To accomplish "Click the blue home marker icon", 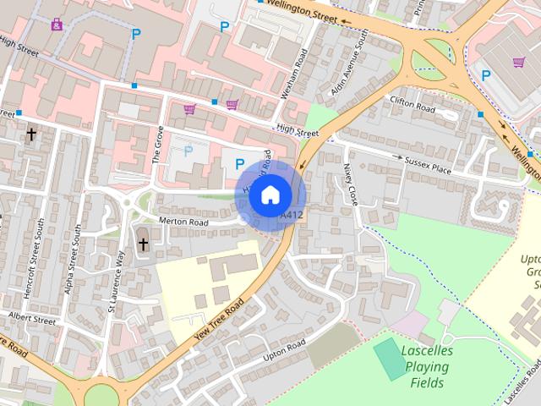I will (x=270, y=195).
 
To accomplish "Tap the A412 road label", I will (x=291, y=217).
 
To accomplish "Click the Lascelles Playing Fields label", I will (x=427, y=366).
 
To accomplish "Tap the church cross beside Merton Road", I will (x=143, y=245).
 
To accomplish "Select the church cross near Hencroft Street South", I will (x=32, y=134).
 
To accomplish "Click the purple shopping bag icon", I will (x=57, y=24).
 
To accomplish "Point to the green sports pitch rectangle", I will (x=390, y=359).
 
